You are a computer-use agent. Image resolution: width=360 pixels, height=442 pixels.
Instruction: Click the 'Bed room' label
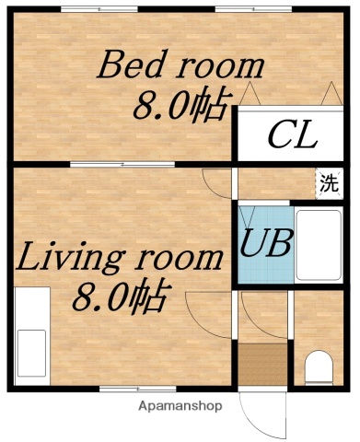coord(181,67)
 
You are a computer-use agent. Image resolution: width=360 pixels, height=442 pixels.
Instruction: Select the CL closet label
coord(292,137)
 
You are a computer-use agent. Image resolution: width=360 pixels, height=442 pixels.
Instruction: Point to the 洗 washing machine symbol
coord(329,181)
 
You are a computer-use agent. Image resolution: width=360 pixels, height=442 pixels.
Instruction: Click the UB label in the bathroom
coord(267,244)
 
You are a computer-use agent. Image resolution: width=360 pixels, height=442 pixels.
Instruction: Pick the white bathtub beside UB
coord(319,244)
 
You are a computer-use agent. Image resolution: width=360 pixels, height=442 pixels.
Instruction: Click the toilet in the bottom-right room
coord(319,367)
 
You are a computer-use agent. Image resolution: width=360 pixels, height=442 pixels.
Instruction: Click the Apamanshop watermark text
coord(181,405)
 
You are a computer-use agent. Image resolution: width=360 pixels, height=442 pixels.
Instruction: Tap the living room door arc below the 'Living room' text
coord(204,308)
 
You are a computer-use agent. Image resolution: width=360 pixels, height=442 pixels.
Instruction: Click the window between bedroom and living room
coord(99,164)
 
